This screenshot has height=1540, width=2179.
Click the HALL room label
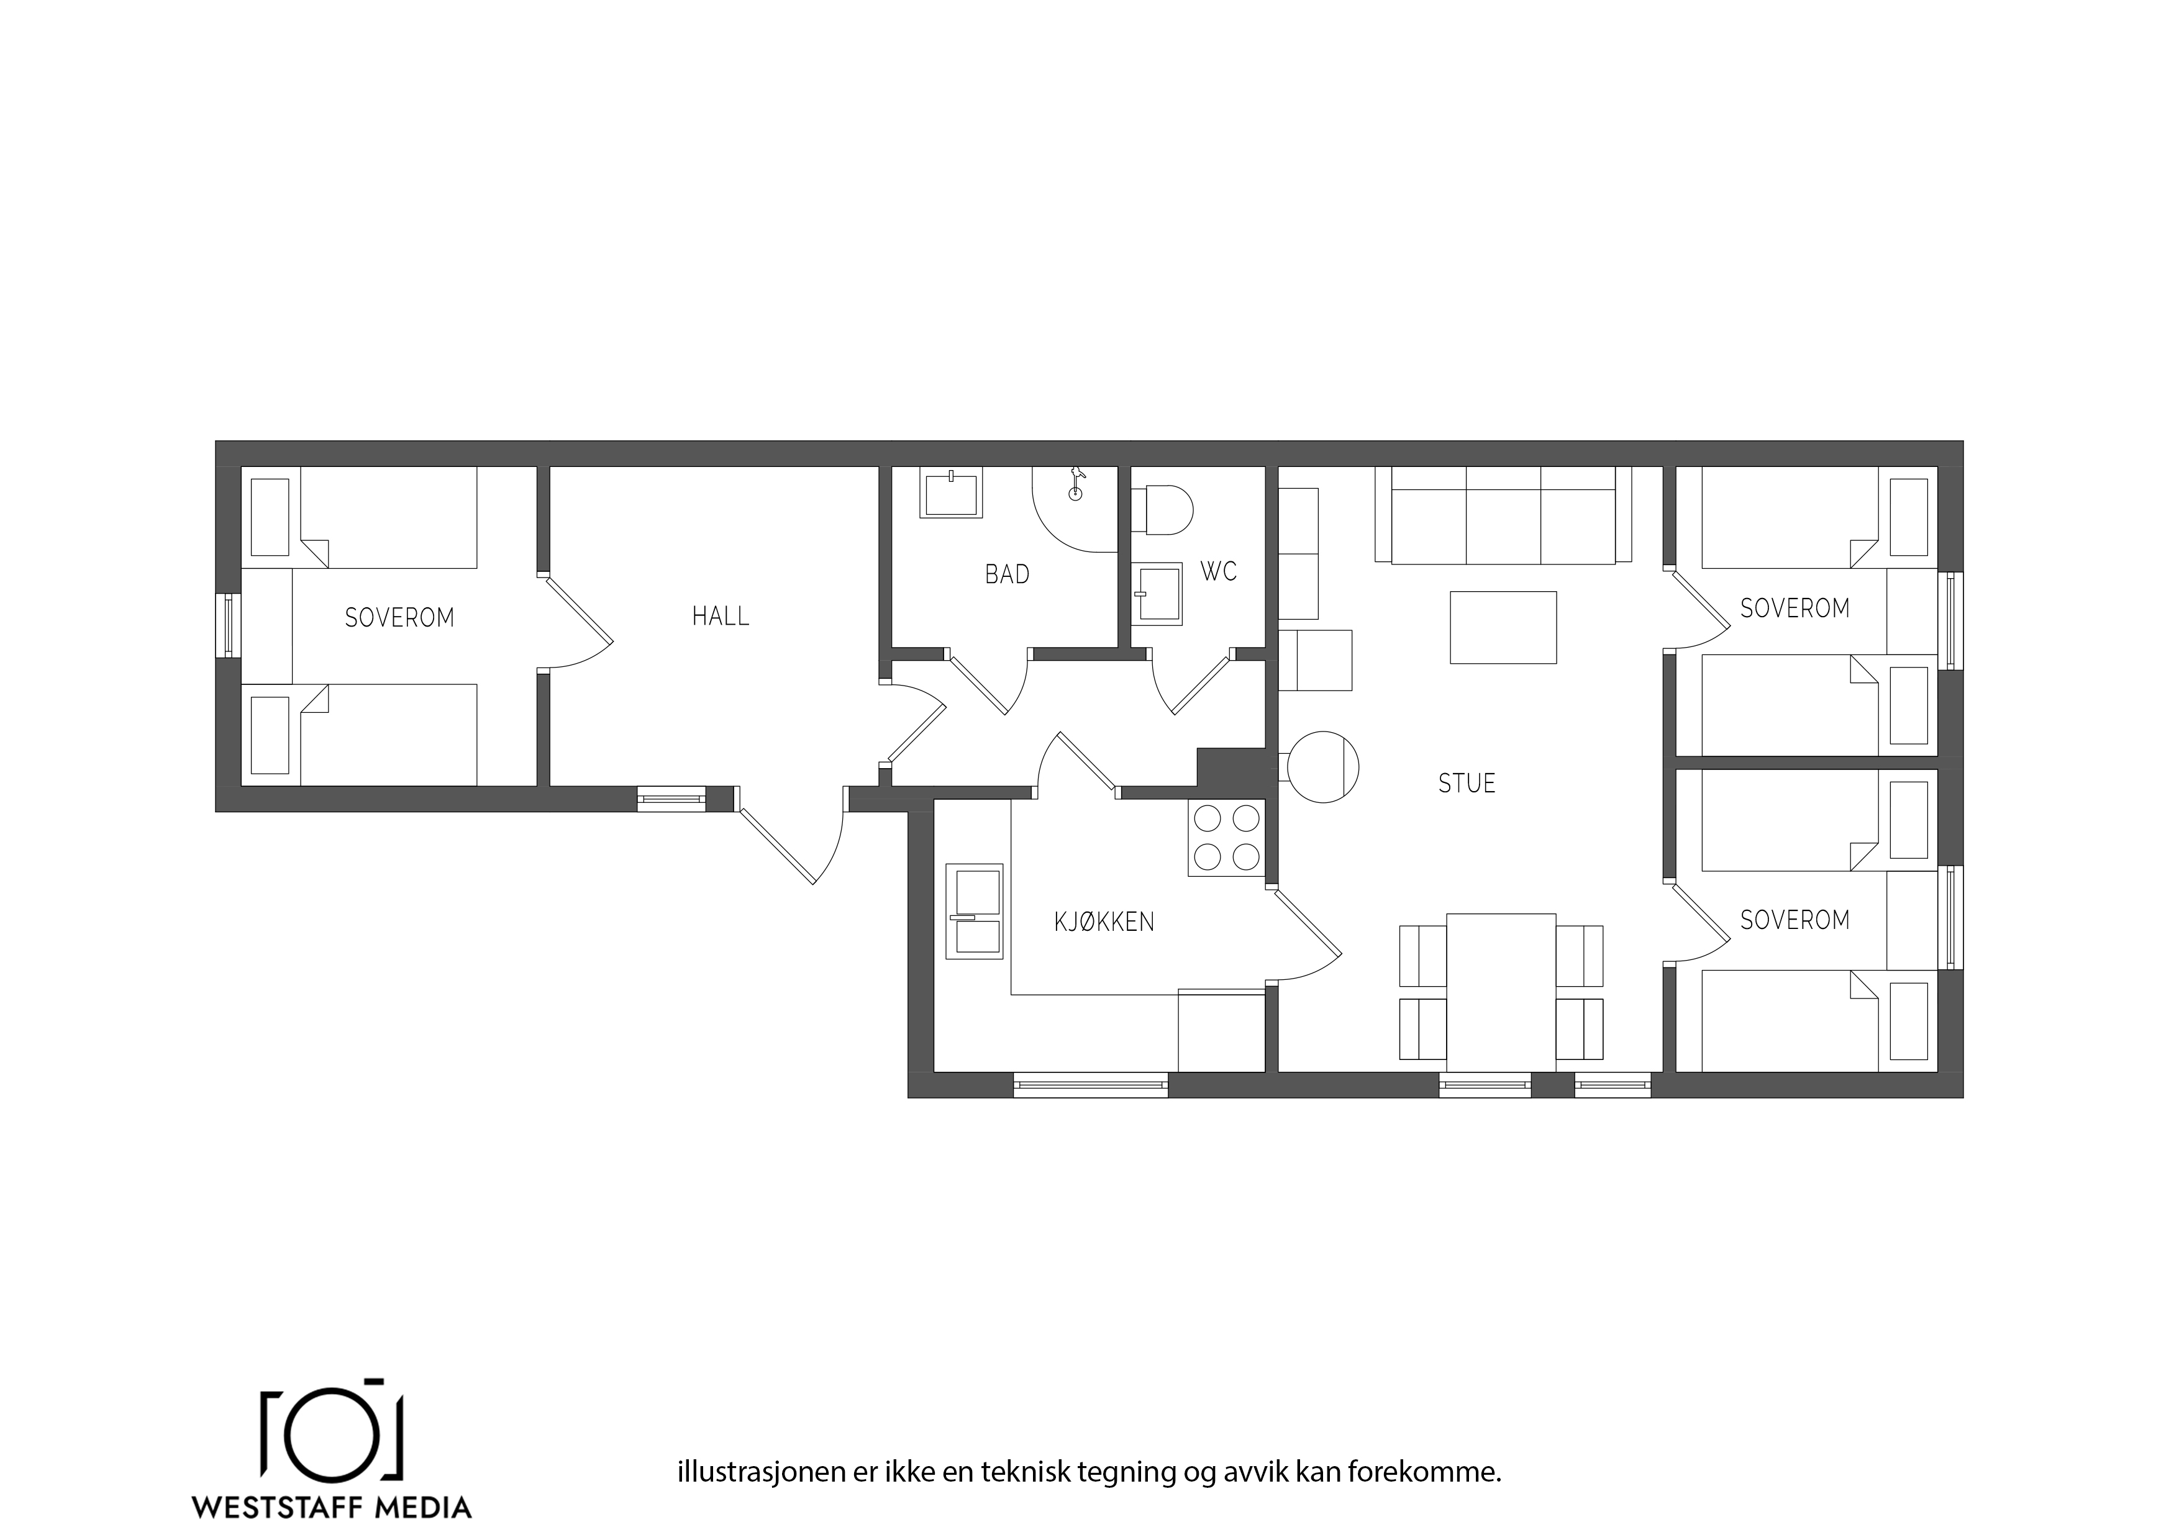pos(721,617)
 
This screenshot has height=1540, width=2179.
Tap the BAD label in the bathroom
pos(1007,574)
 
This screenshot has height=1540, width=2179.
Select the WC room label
pos(1219,571)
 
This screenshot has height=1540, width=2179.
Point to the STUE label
pos(1467,783)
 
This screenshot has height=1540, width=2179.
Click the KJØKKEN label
pos(1104,922)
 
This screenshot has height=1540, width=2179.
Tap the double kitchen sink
pos(975,911)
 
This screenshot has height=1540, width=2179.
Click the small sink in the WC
pos(1157,594)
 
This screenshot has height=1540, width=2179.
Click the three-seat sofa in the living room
pos(1503,515)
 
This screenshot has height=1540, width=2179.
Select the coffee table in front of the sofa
pos(1503,627)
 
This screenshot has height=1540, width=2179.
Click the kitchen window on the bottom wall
pos(1091,1085)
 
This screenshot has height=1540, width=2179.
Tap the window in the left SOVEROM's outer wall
pos(228,625)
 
